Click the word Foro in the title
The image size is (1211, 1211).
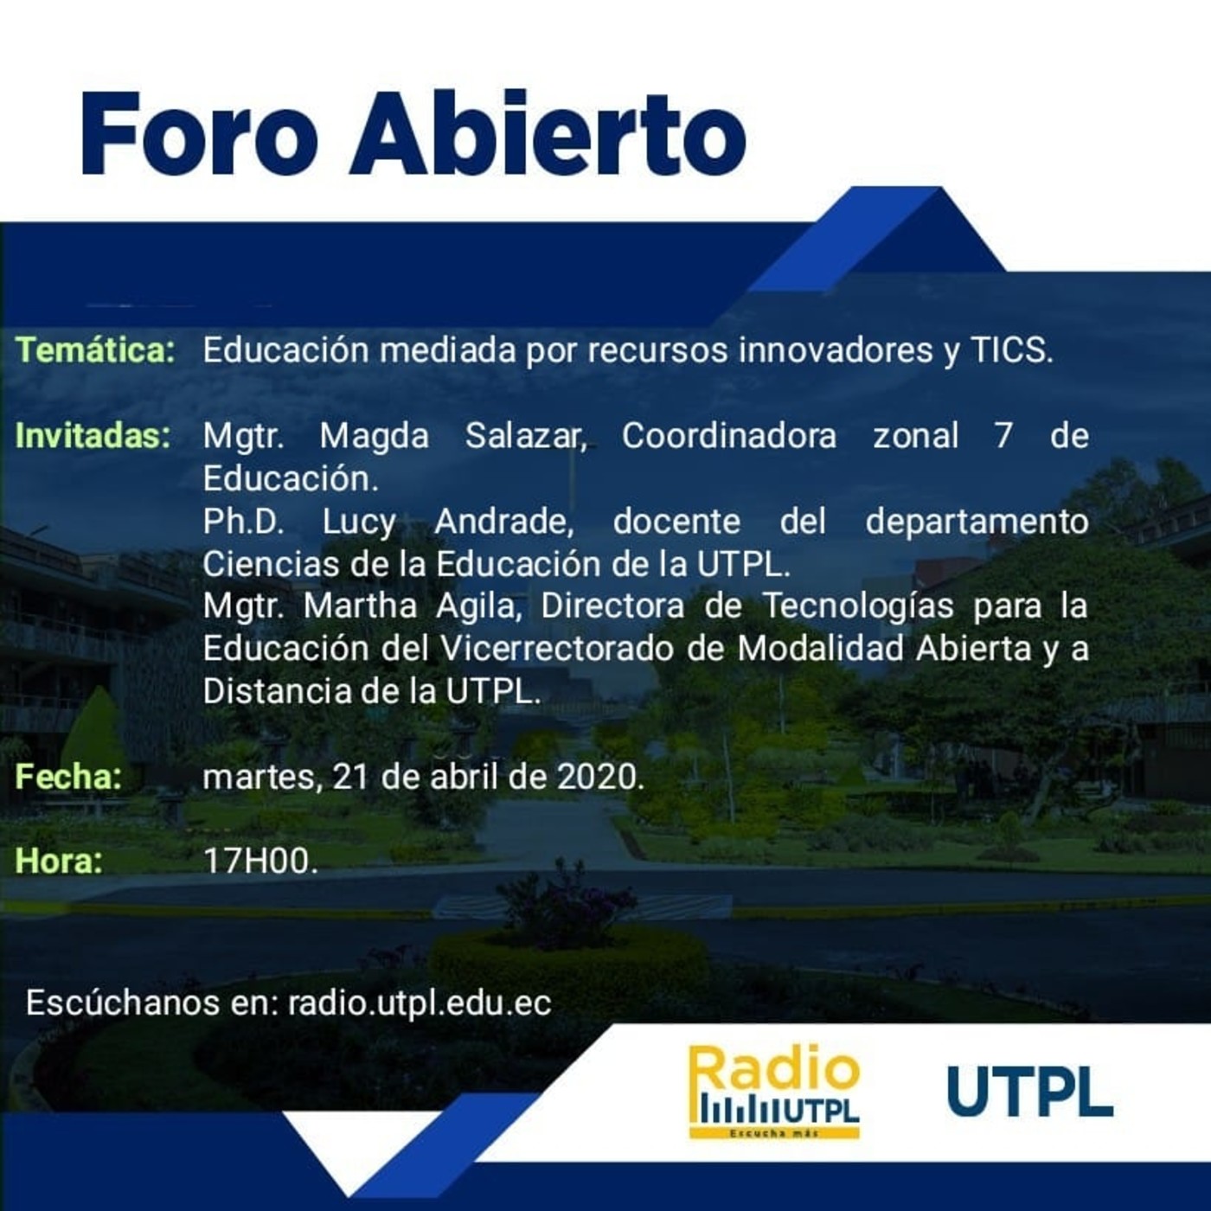(x=200, y=135)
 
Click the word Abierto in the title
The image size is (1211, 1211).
(x=548, y=135)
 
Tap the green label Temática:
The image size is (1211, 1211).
(x=95, y=350)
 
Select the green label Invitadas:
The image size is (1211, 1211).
(x=93, y=435)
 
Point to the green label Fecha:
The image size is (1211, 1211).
(x=68, y=776)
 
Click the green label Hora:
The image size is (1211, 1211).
(x=58, y=861)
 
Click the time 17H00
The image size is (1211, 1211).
(x=260, y=861)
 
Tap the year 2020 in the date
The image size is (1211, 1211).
(x=598, y=776)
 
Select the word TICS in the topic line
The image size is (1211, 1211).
(x=1011, y=350)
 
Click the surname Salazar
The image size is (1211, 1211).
(x=526, y=435)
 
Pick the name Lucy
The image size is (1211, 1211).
(x=359, y=521)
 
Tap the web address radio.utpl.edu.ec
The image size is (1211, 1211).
(x=420, y=1003)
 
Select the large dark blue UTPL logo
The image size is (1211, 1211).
(x=1029, y=1092)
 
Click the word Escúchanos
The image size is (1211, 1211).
(x=123, y=1003)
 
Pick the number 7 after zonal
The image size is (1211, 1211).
(x=1003, y=435)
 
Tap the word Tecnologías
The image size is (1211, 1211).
(x=857, y=605)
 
